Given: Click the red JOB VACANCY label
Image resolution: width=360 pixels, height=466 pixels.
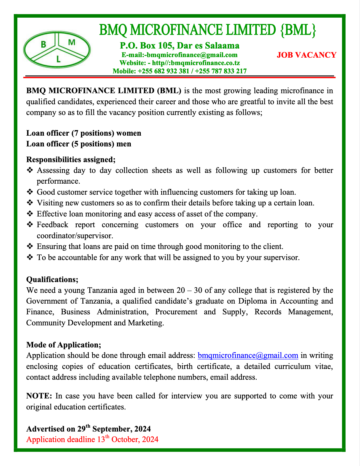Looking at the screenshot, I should click(307, 55).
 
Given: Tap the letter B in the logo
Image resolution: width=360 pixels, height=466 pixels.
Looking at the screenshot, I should click(43, 44).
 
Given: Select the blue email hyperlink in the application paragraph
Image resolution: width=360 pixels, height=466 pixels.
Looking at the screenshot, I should click(248, 355).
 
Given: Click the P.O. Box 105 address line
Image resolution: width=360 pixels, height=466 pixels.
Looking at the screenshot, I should click(179, 45).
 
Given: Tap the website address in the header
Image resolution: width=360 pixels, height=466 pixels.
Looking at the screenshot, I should click(179, 63).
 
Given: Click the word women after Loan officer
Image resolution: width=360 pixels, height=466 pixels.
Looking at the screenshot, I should click(129, 133).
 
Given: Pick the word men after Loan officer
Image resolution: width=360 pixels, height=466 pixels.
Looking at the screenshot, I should click(124, 144).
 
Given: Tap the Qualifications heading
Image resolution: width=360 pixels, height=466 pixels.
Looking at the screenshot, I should click(52, 279).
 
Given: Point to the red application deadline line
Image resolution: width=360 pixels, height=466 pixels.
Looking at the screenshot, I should click(92, 439).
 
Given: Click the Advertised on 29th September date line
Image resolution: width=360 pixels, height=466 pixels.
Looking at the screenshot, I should click(88, 429).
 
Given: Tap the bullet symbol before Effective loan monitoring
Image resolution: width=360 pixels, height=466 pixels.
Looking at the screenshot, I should click(30, 214).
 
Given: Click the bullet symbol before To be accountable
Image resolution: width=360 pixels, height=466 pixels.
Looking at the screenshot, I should click(30, 258).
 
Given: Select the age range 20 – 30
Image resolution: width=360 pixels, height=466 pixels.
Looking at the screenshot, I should click(190, 290).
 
